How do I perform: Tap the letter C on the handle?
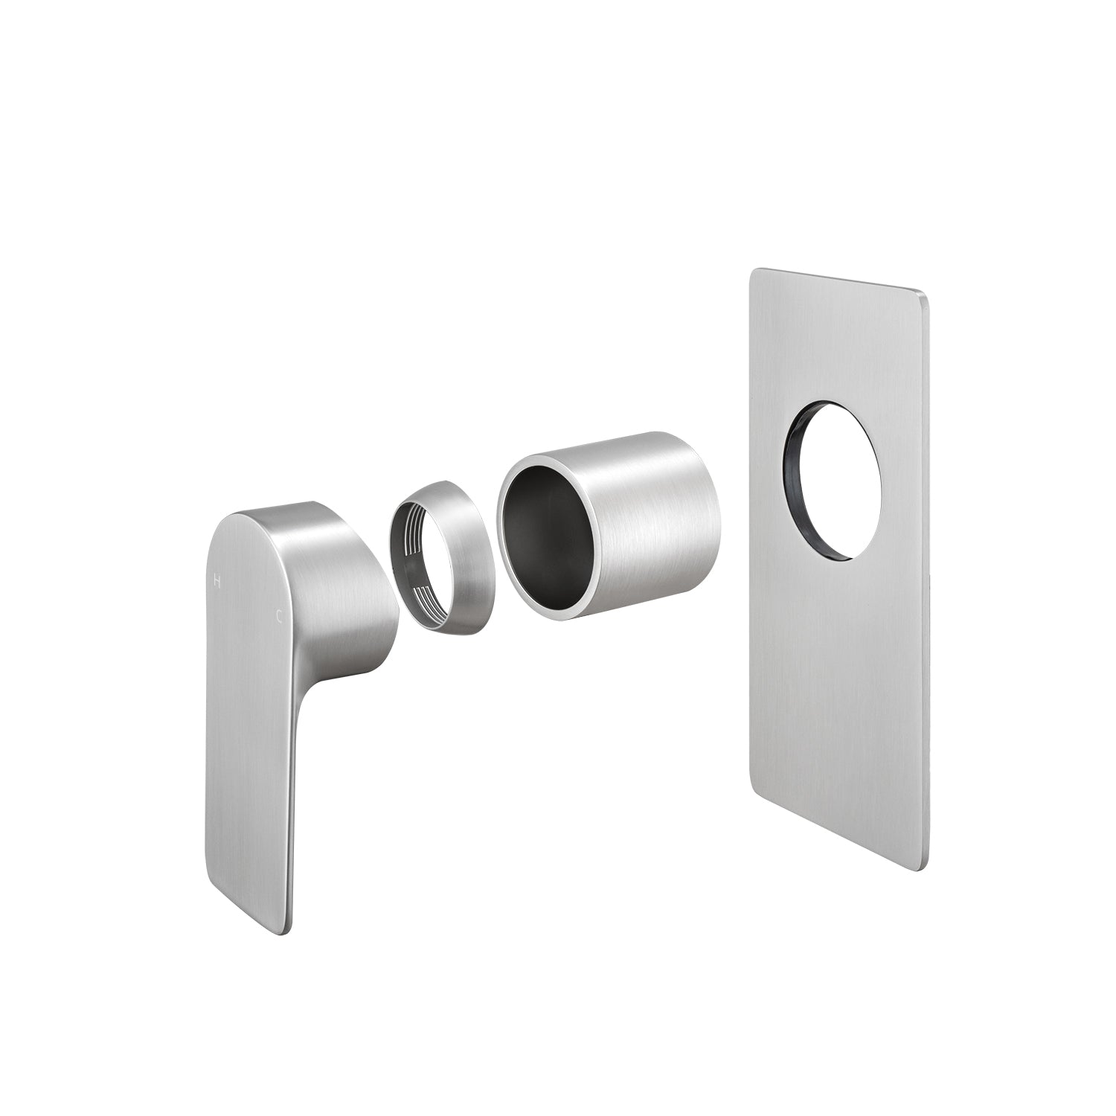pos(279,616)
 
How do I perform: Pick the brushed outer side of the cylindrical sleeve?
pos(655,521)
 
